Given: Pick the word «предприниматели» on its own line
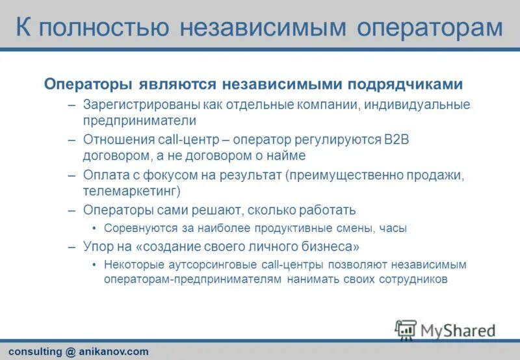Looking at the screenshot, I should [139, 121].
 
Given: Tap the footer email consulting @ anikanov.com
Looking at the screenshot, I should [79, 352].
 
